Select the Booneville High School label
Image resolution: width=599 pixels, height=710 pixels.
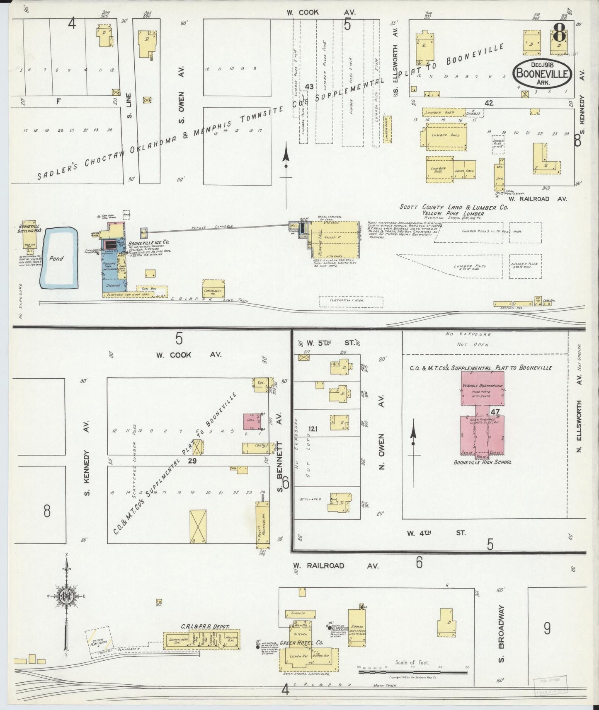point(483,462)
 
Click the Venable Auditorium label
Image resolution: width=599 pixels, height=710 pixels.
point(483,386)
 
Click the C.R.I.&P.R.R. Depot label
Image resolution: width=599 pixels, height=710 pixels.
point(205,627)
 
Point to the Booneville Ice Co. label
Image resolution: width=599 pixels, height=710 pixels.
point(148,242)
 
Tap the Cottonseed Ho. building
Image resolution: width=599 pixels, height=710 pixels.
point(214,289)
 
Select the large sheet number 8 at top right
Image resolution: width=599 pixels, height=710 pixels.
point(560,32)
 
